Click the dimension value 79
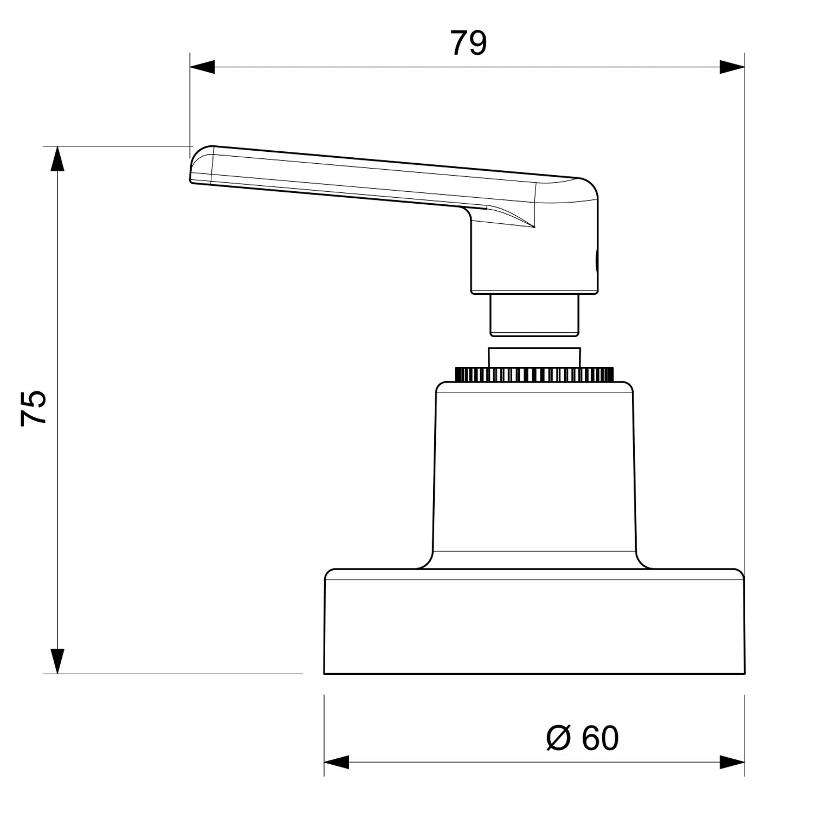[469, 43]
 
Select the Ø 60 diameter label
[582, 738]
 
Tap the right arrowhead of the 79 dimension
[732, 67]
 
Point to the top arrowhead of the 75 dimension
[57, 159]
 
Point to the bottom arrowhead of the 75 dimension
[57, 661]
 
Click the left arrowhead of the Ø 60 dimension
[337, 762]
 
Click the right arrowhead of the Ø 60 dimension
[732, 762]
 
